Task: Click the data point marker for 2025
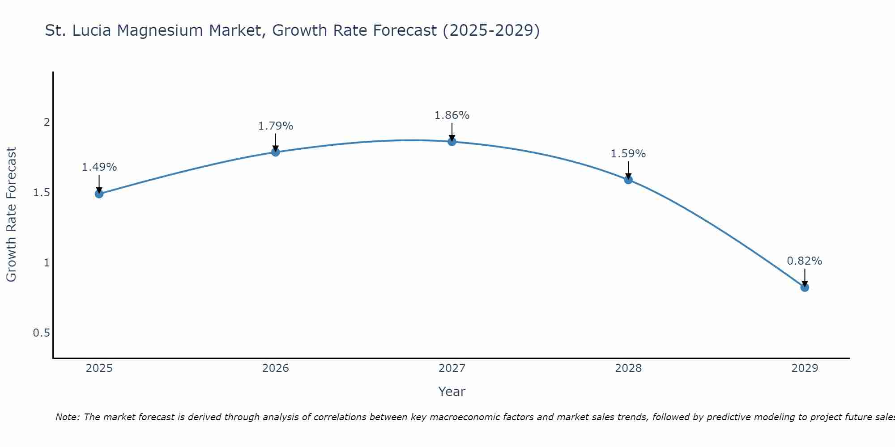(x=99, y=194)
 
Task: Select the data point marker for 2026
(x=276, y=152)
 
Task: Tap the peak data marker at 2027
(x=452, y=142)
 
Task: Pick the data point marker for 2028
(x=628, y=180)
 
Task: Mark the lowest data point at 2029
(x=805, y=287)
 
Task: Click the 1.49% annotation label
(x=99, y=167)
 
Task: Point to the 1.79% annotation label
(x=276, y=126)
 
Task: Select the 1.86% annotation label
(x=452, y=115)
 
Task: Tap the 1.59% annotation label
(x=628, y=154)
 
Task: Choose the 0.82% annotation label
(x=805, y=261)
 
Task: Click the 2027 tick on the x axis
(x=452, y=368)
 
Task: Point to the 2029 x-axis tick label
(x=805, y=368)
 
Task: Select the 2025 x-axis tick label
(x=99, y=368)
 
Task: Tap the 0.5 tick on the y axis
(x=41, y=333)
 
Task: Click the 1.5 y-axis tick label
(x=41, y=193)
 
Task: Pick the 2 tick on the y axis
(x=47, y=122)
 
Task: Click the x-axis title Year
(x=452, y=392)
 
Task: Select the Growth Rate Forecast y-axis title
(x=11, y=215)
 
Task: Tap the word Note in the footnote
(x=67, y=417)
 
